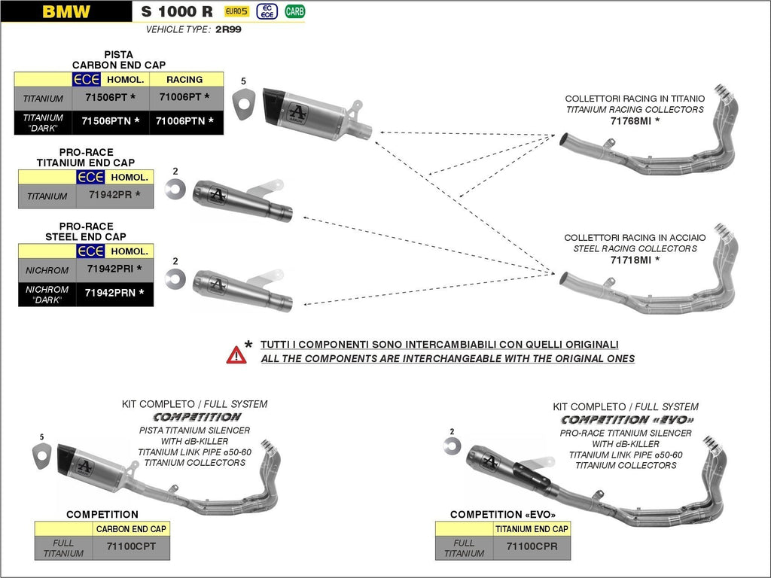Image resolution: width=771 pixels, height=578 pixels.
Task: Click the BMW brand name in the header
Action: [x=66, y=11]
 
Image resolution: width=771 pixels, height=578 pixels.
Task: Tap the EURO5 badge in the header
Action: [x=236, y=11]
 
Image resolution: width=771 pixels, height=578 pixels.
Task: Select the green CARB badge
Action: [x=295, y=11]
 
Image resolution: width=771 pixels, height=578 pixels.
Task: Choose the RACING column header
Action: [x=185, y=79]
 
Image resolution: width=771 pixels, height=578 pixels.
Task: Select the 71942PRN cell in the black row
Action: [x=114, y=293]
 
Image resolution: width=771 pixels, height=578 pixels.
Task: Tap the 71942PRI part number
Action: [x=114, y=269]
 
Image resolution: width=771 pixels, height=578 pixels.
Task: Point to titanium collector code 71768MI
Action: [x=635, y=120]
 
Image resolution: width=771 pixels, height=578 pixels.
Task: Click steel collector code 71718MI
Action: [x=635, y=260]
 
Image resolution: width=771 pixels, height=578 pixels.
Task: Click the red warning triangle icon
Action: [x=236, y=354]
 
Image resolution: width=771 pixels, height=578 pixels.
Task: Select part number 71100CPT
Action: [x=131, y=546]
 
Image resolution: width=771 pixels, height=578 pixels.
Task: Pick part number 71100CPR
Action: [x=532, y=546]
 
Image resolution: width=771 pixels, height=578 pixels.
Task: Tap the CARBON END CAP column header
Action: [x=131, y=529]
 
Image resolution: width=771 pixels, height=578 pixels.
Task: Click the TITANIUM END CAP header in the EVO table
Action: [x=532, y=529]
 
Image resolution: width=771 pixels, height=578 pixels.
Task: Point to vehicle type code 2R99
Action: [x=227, y=29]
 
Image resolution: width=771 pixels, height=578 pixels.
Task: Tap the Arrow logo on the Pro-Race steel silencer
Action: [x=217, y=285]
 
